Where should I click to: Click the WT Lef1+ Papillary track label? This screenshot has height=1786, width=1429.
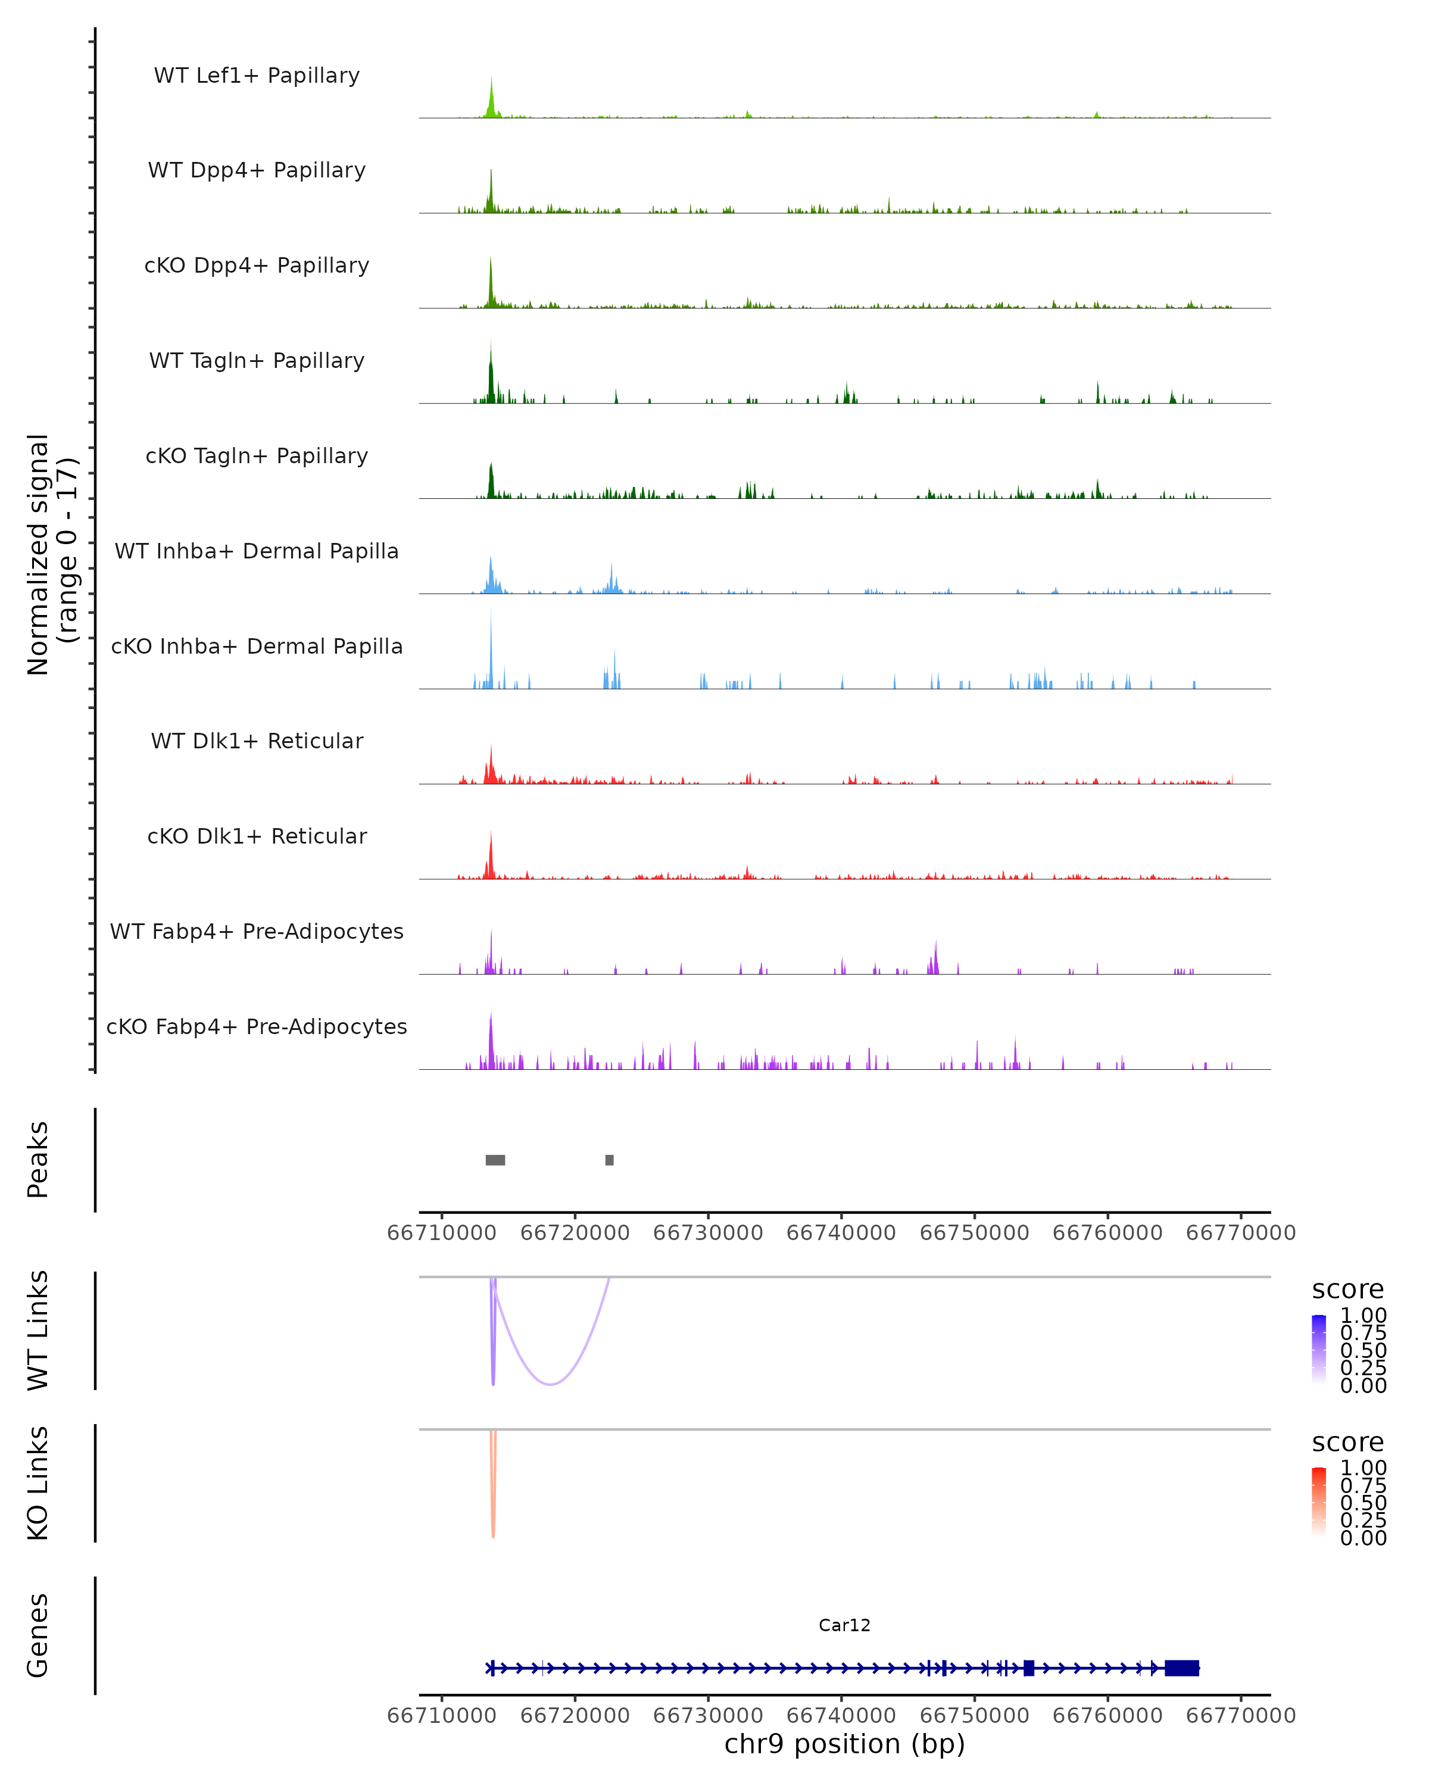click(x=257, y=76)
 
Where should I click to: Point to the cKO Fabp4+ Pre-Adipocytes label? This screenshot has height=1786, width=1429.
click(x=257, y=1026)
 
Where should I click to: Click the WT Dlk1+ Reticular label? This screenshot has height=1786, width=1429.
click(x=257, y=741)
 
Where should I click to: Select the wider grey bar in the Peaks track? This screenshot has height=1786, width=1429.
click(x=495, y=1160)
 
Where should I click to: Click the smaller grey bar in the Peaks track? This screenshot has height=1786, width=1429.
click(x=610, y=1160)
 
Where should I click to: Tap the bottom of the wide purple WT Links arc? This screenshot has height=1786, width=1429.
click(x=550, y=1384)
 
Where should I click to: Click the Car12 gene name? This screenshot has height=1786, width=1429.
click(x=844, y=1625)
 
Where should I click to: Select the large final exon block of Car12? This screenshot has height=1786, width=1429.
click(x=1182, y=1668)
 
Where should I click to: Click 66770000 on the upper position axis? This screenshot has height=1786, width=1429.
click(x=1240, y=1233)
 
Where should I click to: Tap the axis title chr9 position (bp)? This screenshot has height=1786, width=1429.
click(x=844, y=1744)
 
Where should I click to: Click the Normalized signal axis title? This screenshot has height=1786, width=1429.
click(x=51, y=554)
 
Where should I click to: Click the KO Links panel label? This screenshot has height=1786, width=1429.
click(x=38, y=1483)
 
